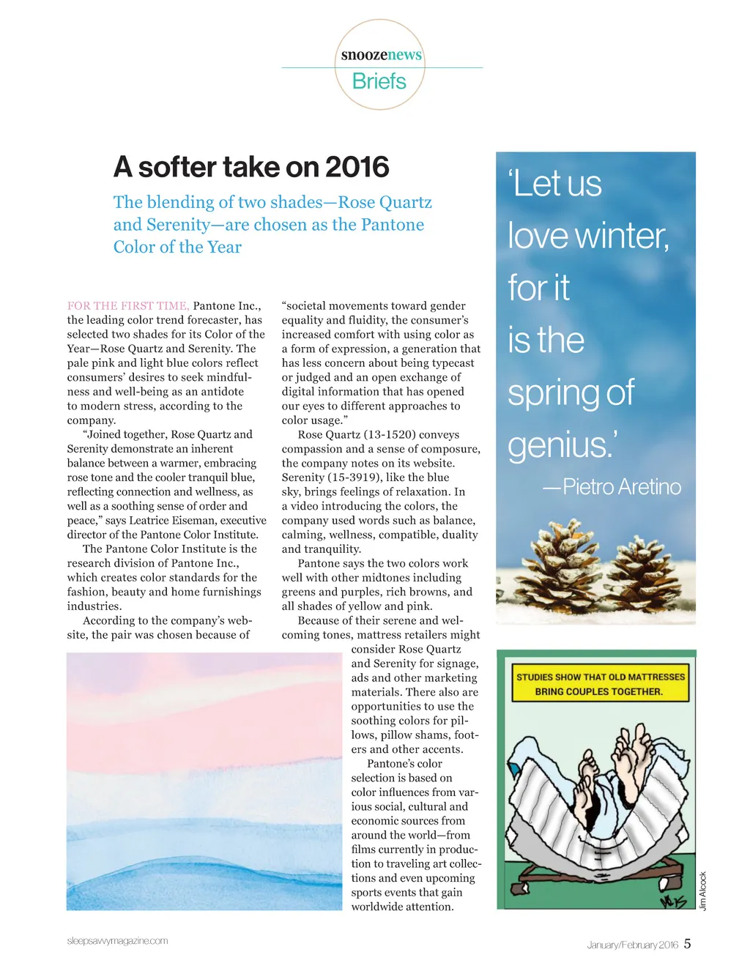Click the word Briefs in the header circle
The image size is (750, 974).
379,81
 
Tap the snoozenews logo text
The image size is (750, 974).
381,55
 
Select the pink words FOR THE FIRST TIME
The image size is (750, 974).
128,306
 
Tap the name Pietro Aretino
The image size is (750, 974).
621,487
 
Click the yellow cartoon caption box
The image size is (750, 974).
600,684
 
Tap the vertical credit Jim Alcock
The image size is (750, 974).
703,891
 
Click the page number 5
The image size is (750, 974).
687,944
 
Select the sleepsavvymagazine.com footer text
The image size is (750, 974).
117,941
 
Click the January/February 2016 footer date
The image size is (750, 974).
632,945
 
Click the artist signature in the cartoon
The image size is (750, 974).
673,901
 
